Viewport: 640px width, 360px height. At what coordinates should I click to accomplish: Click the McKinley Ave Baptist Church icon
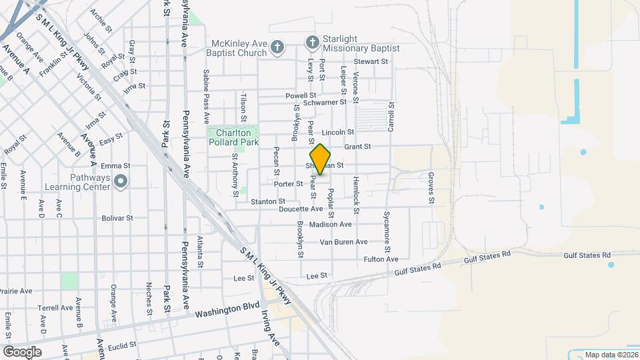278,47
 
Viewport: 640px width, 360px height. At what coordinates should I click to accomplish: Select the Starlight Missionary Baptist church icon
311,43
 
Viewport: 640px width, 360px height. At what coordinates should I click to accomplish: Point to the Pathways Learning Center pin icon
121,181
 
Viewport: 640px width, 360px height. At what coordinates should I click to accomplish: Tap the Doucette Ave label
301,209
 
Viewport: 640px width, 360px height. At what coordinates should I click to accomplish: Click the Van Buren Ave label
343,242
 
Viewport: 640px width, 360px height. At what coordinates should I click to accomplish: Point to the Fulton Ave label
381,259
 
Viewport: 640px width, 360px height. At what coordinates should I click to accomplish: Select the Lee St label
317,275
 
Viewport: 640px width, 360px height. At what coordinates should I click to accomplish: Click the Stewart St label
371,61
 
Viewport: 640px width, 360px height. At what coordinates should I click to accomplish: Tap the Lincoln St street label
337,133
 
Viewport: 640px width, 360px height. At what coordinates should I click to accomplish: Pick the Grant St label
357,147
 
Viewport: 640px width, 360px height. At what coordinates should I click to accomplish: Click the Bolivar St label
117,218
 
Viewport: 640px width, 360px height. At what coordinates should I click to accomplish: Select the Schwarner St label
325,102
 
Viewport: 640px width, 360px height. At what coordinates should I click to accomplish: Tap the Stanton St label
268,201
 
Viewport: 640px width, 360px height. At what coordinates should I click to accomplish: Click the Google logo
22,351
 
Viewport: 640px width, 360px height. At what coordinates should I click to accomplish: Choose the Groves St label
431,188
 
